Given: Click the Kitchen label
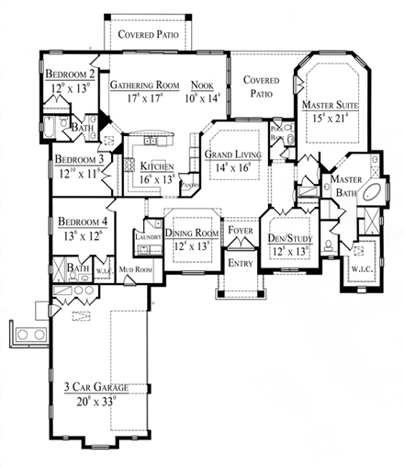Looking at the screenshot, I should pyautogui.click(x=158, y=165).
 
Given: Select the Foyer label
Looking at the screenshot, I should pyautogui.click(x=241, y=232).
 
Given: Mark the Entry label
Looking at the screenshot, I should pyautogui.click(x=241, y=263).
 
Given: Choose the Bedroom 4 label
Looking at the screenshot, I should pyautogui.click(x=84, y=222).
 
